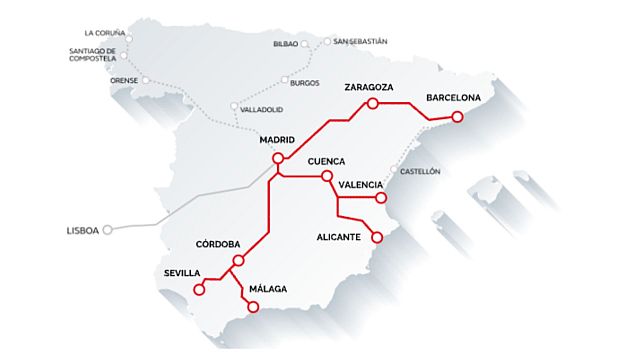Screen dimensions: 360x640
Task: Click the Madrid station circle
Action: point(278,155)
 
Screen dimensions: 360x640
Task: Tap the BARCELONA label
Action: point(454,98)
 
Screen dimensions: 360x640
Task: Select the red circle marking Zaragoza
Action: point(372,103)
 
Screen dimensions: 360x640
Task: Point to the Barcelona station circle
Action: point(457,117)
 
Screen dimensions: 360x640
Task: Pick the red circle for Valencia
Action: point(382,198)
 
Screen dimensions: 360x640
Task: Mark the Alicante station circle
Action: point(377,238)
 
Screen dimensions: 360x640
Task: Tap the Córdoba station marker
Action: point(238,261)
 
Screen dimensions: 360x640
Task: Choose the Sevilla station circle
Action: point(198,290)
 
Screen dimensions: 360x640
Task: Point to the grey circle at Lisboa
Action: point(108,229)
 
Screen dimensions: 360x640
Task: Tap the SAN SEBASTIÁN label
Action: point(360,42)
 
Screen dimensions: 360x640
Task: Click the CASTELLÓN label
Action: point(420,172)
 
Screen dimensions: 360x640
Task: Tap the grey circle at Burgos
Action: point(285,80)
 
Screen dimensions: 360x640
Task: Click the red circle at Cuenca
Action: point(327,177)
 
